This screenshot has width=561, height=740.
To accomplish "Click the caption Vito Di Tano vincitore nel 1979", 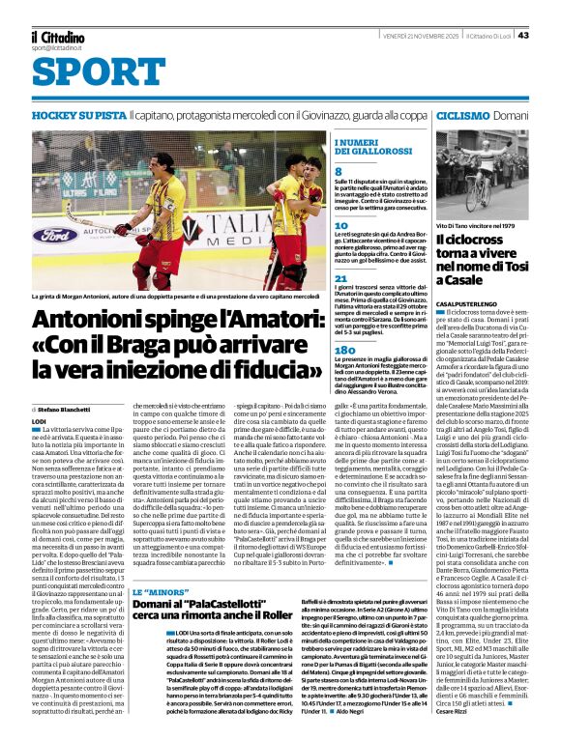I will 477,224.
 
